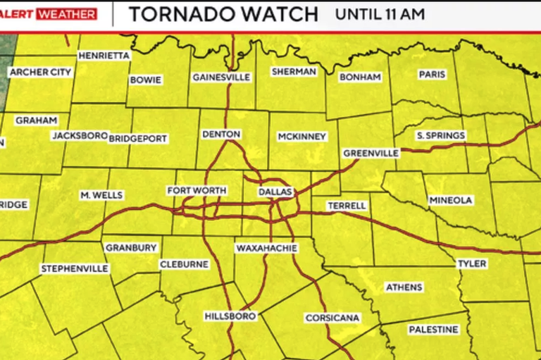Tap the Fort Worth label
pyautogui.click(x=197, y=191)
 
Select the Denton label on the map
pyautogui.click(x=221, y=134)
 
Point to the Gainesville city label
pyautogui.click(x=221, y=77)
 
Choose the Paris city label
pyautogui.click(x=433, y=75)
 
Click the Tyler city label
pyautogui.click(x=472, y=263)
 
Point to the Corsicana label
pyautogui.click(x=332, y=318)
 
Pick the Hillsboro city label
pyautogui.click(x=230, y=316)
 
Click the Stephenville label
pyautogui.click(x=75, y=268)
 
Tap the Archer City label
pyautogui.click(x=39, y=72)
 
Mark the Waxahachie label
pyautogui.click(x=266, y=249)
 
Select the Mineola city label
pyautogui.click(x=450, y=201)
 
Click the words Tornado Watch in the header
pyautogui.click(x=224, y=14)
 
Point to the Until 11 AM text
pyautogui.click(x=380, y=14)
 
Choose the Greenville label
pyautogui.click(x=371, y=153)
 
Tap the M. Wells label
pyautogui.click(x=101, y=195)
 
